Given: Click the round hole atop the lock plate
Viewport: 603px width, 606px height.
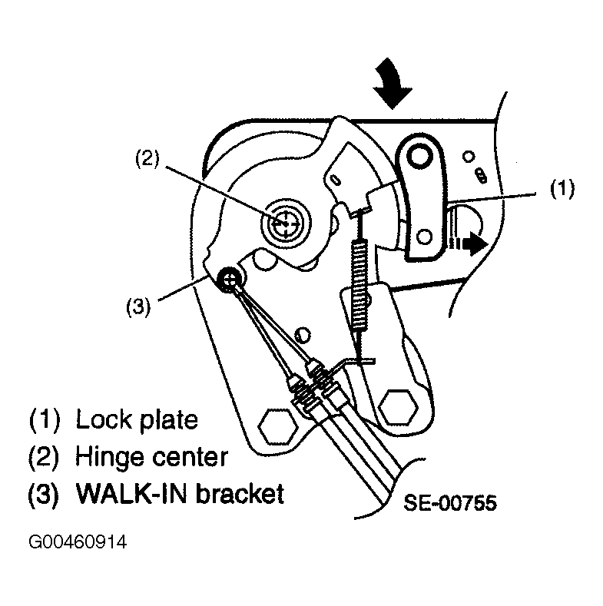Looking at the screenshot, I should point(419,157).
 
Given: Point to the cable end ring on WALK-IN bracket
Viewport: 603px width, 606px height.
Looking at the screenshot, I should point(231,280).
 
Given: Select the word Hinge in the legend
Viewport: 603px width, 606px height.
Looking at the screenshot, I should point(106,457).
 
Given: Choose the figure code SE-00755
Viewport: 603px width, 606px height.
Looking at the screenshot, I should point(450,504).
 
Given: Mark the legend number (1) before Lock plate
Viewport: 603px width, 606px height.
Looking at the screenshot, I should point(45,420).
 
